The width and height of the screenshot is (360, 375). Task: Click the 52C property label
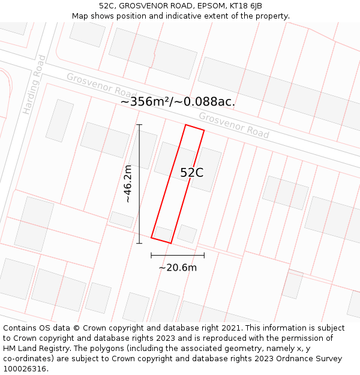click(x=192, y=173)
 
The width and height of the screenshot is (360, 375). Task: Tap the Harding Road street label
click(x=34, y=85)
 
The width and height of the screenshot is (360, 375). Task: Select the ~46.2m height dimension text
click(x=128, y=184)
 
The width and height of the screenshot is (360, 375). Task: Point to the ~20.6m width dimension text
click(x=178, y=268)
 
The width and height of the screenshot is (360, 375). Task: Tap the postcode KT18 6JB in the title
click(x=247, y=6)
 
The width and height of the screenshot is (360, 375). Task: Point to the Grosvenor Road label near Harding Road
click(x=101, y=86)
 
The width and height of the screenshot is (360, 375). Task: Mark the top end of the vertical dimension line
click(x=139, y=125)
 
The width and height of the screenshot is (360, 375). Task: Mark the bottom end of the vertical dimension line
click(x=139, y=243)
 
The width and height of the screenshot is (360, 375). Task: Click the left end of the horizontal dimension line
click(x=151, y=255)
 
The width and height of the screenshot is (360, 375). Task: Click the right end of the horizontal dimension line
click(x=204, y=255)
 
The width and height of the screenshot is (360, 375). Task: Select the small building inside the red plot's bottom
click(x=163, y=233)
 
